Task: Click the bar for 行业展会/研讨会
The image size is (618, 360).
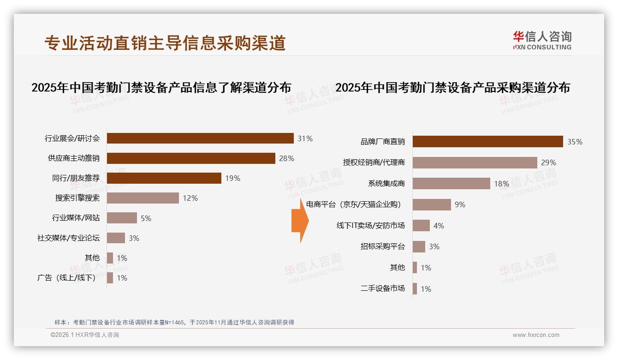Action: (200, 138)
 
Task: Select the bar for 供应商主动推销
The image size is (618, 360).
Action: (191, 158)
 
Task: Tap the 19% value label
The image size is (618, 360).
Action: (232, 178)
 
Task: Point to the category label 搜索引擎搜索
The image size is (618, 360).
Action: (77, 198)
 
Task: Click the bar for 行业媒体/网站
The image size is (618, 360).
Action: (122, 218)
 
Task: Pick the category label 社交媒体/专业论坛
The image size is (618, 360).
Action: (68, 238)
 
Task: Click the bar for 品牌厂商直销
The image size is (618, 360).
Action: (487, 142)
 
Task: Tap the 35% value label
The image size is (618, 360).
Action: (575, 142)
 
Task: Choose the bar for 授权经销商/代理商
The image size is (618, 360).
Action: (475, 162)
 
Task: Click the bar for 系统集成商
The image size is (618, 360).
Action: (451, 184)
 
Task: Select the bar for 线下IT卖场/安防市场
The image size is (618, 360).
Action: (421, 226)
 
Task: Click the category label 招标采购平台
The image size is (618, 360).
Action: (382, 246)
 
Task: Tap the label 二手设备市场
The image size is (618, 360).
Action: (382, 288)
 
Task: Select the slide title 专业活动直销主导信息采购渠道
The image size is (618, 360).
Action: (165, 43)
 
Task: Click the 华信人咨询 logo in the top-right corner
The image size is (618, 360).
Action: (542, 40)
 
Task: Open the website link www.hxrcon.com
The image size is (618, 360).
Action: (536, 335)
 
